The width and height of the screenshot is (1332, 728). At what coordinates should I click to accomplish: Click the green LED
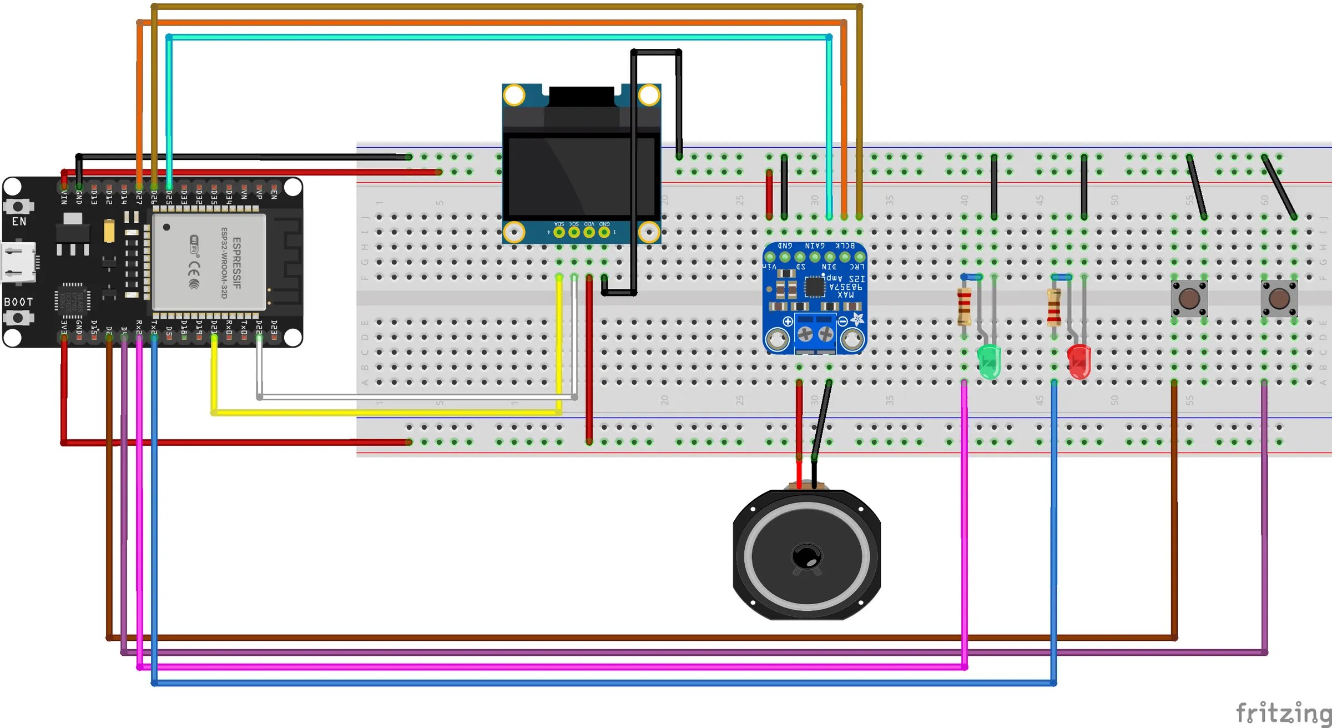(988, 361)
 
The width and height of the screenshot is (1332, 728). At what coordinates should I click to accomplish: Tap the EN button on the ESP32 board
(18, 207)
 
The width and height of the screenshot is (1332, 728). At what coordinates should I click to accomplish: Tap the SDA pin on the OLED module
(559, 232)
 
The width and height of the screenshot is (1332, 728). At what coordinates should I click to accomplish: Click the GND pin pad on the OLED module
(604, 232)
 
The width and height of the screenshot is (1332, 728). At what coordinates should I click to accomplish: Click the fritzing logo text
(1283, 712)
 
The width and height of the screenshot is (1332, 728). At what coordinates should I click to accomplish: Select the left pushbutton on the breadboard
(1189, 299)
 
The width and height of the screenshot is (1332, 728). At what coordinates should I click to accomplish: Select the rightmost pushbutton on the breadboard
(1279, 299)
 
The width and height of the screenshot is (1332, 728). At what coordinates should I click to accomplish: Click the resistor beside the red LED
(1054, 307)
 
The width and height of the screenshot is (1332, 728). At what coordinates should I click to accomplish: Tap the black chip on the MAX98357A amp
(814, 287)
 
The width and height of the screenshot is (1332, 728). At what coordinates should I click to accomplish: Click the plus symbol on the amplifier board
(788, 322)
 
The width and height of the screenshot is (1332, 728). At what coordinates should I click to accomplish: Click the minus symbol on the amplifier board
(842, 322)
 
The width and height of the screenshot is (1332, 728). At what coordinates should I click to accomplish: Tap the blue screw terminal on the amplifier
(815, 333)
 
